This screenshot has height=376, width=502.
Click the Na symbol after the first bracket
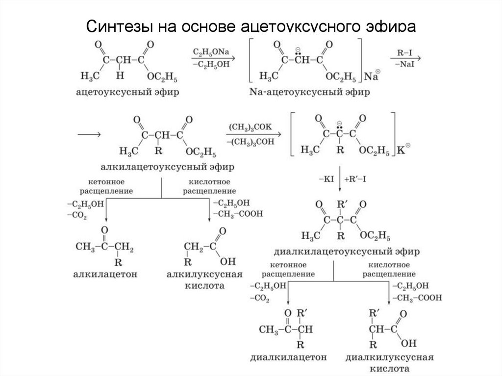click(372, 77)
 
